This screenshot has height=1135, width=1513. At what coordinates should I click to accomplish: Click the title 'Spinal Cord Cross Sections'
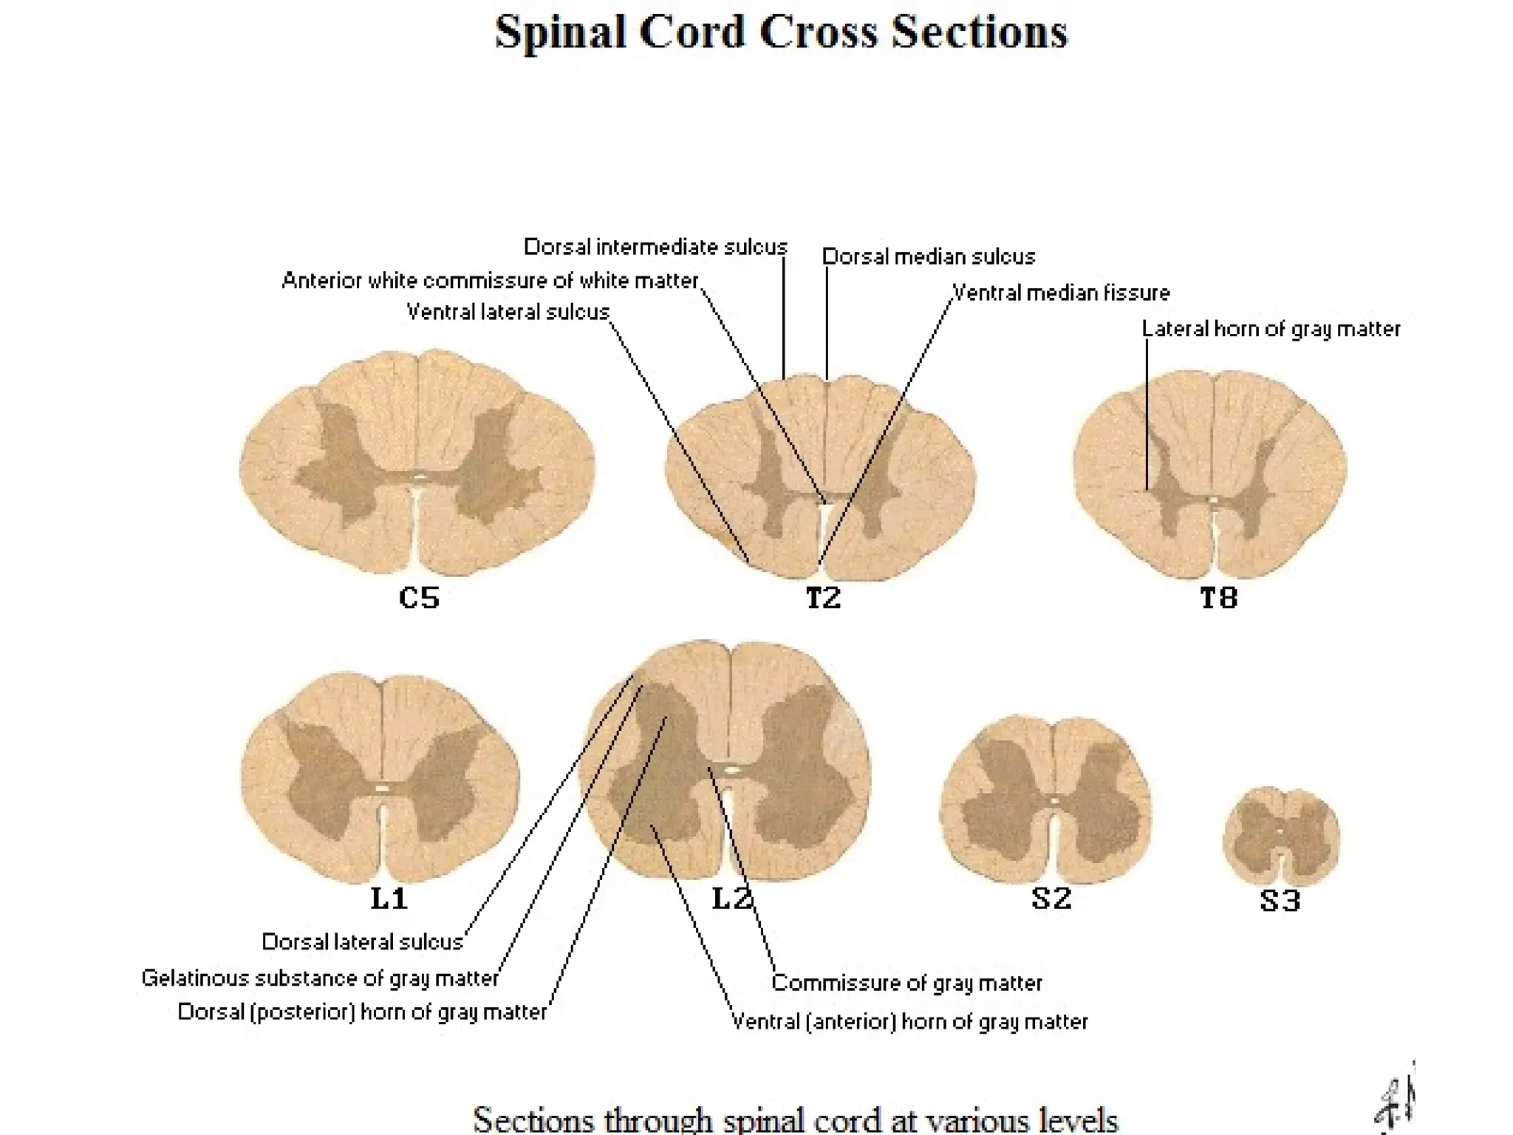click(781, 33)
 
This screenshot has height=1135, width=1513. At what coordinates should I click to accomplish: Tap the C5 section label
click(419, 597)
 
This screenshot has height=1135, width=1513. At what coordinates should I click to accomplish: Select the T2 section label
click(823, 598)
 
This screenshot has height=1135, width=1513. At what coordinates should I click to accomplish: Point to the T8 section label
click(1218, 598)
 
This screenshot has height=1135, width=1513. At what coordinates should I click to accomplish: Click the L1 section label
click(389, 899)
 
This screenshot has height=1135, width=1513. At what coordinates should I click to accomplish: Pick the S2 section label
click(1051, 899)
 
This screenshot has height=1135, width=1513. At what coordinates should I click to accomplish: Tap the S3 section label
click(1280, 901)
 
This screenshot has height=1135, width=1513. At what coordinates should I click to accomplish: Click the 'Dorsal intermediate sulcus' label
click(655, 247)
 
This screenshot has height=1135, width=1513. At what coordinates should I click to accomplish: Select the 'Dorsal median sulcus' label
click(929, 257)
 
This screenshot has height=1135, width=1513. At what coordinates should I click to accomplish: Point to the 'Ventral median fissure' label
click(1061, 293)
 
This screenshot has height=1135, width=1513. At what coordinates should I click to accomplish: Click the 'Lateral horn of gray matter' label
click(1271, 329)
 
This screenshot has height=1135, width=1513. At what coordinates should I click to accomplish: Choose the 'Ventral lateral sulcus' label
click(508, 312)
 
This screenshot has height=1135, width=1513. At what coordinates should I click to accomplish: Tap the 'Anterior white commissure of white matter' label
click(490, 281)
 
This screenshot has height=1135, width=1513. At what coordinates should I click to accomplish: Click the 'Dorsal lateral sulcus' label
click(362, 942)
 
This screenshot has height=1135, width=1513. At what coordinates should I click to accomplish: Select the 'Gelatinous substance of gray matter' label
click(320, 978)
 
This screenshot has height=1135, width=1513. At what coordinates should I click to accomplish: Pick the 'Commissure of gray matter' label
click(906, 983)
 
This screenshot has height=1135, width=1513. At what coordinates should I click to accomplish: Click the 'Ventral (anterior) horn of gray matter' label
click(909, 1022)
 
